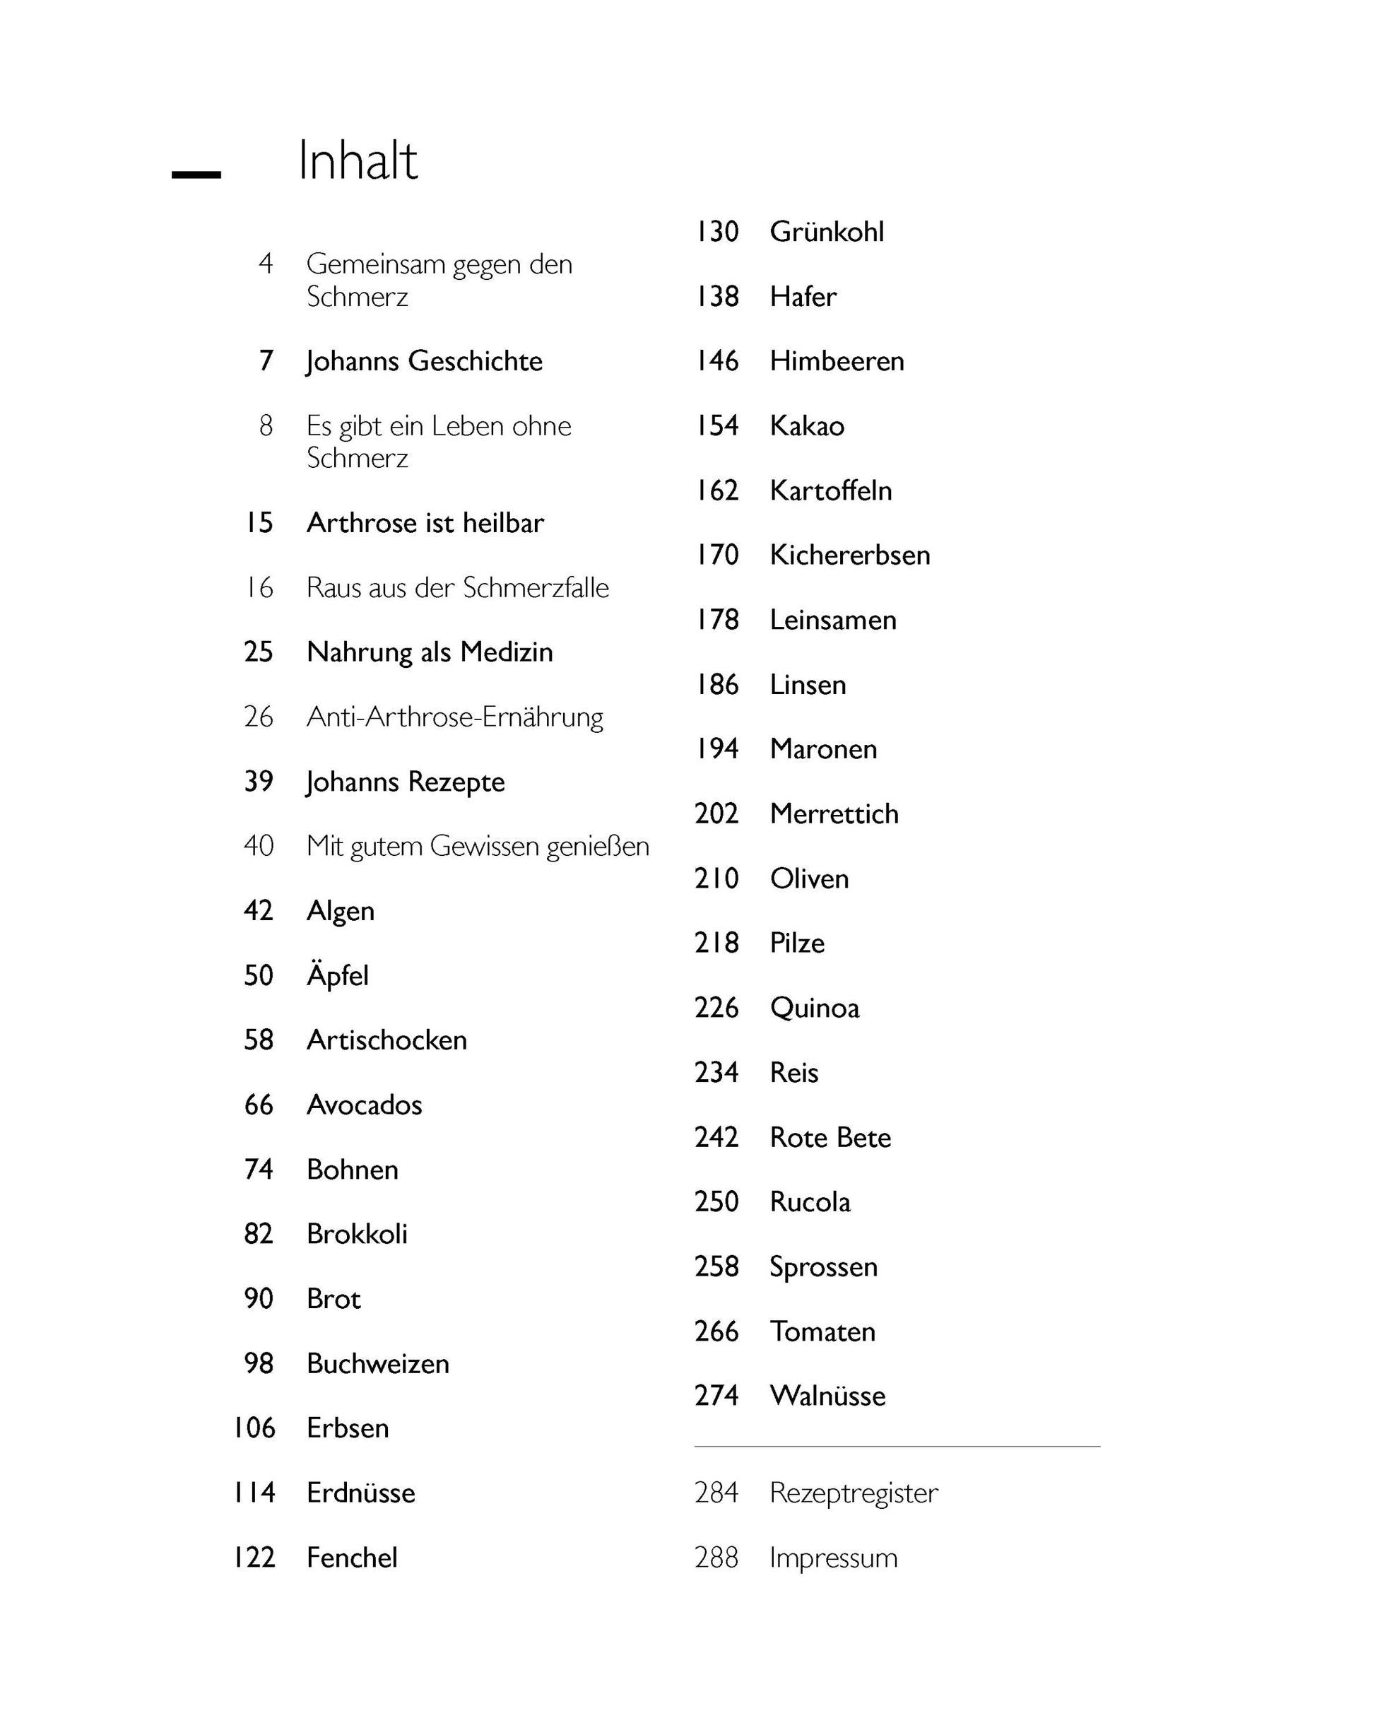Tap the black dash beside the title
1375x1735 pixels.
196,174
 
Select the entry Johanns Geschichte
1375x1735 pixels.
424,360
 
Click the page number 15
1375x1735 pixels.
259,522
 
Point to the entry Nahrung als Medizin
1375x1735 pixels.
430,652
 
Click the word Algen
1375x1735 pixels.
341,911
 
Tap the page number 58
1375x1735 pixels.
259,1040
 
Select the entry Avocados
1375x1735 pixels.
364,1105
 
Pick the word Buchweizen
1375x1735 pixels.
377,1363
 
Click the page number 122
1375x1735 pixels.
254,1557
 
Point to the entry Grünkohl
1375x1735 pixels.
826,232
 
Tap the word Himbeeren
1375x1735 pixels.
837,360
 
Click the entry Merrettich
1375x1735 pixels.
834,813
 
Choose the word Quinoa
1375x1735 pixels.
814,1008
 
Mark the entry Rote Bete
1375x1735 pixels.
830,1137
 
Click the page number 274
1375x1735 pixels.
716,1395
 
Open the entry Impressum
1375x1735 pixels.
833,1557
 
